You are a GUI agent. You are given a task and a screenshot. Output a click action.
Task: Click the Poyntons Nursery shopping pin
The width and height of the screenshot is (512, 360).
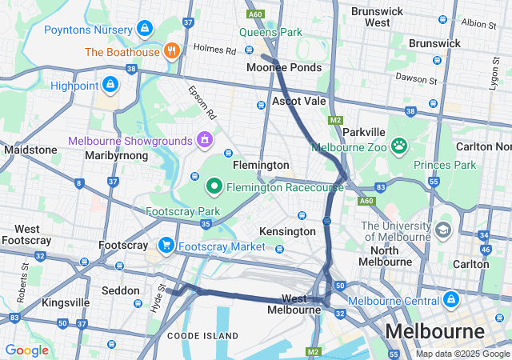point(144,29)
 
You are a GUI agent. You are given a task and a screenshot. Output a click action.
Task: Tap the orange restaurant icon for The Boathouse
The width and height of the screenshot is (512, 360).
point(170,51)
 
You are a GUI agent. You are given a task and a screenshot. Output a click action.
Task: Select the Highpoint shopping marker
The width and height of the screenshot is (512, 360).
point(109,84)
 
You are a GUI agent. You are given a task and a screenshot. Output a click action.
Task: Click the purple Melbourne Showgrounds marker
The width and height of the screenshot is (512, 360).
point(205,140)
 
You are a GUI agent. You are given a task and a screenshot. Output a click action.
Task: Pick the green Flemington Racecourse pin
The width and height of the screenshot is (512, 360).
point(214,187)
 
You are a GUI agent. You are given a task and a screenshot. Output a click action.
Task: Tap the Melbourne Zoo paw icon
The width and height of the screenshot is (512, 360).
point(398,146)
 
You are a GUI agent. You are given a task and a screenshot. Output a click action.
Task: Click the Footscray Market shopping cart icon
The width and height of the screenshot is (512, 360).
point(166,245)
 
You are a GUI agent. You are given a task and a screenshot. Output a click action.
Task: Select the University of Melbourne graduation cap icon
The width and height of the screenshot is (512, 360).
point(442,230)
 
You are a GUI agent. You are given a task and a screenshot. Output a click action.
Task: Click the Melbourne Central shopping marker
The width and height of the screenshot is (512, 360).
point(451,299)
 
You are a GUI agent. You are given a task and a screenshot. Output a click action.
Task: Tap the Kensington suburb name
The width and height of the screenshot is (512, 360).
point(287,231)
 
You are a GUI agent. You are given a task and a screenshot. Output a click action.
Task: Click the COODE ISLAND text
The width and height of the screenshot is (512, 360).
point(202,335)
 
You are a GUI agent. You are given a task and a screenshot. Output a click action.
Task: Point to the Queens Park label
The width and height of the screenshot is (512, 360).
point(271,33)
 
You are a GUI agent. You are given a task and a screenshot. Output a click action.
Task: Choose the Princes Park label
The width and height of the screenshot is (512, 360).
point(444,165)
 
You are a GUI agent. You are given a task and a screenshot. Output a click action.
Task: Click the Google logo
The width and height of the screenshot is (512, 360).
point(26,350)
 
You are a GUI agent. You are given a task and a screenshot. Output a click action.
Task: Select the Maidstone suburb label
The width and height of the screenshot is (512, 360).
point(30,150)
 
